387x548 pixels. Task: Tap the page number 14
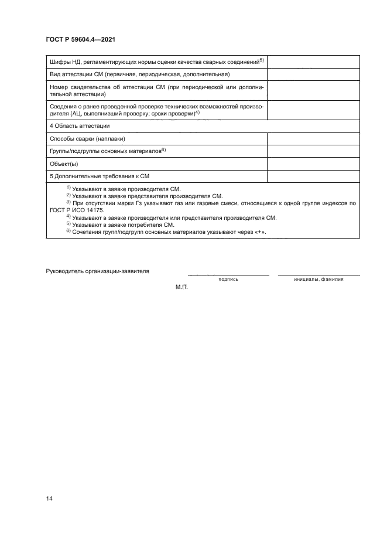click(x=50, y=498)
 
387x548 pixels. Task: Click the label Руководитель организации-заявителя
click(x=97, y=271)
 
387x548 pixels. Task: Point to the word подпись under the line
click(x=228, y=280)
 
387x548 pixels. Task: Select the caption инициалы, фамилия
click(x=318, y=280)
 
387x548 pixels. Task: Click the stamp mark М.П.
click(x=180, y=288)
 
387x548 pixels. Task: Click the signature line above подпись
click(x=228, y=274)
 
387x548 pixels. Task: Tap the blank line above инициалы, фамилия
click(x=318, y=274)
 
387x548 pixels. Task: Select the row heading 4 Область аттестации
click(x=80, y=126)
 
